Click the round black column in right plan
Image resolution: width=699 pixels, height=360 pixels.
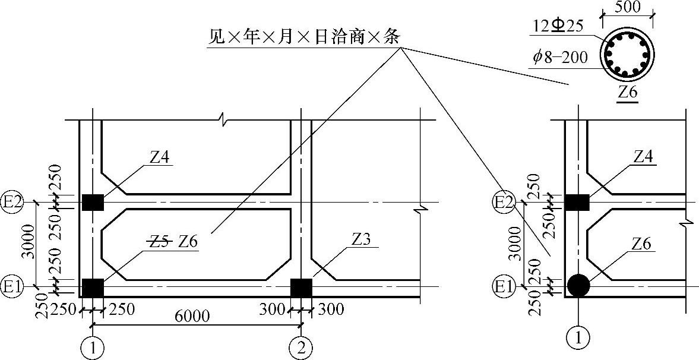578,286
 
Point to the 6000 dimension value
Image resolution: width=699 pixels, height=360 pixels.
192,317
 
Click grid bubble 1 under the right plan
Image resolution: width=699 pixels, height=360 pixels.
578,338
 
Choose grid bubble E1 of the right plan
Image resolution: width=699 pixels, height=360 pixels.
502,288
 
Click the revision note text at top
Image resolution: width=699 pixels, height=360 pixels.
303,37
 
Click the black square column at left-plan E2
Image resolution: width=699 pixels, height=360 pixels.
93,203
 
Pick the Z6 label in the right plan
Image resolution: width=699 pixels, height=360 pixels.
641,243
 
